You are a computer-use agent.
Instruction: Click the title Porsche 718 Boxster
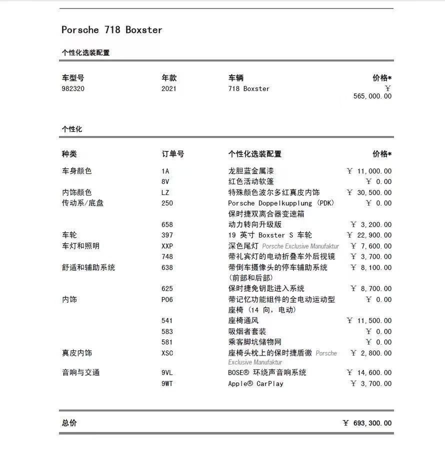111,30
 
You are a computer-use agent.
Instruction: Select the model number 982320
73,89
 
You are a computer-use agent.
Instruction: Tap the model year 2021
169,89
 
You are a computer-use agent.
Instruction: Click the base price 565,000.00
372,96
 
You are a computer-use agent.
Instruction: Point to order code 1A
165,171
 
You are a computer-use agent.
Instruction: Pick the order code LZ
165,192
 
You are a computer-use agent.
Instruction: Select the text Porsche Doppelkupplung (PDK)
281,203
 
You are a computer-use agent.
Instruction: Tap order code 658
167,224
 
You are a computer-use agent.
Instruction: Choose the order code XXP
167,246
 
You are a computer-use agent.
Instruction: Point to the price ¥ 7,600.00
371,246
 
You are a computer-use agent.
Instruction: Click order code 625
167,288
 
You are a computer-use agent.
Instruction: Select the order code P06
167,299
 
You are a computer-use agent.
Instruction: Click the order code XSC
167,353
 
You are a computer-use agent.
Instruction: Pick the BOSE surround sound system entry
267,372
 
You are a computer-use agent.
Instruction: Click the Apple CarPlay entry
255,383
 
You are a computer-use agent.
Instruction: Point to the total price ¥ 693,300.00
367,423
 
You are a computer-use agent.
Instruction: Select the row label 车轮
69,235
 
